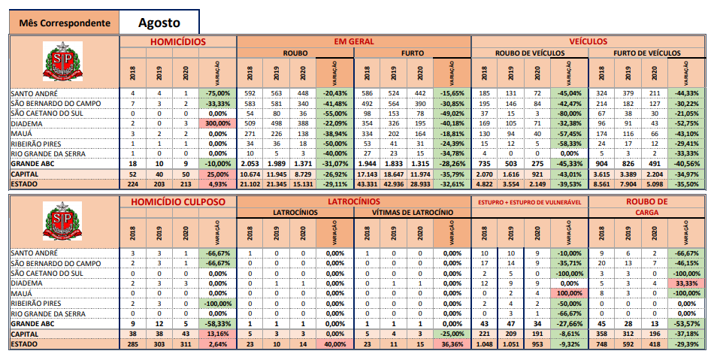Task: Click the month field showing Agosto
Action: tap(159, 22)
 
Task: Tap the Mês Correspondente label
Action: tap(65, 23)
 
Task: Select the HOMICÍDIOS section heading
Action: tap(178, 42)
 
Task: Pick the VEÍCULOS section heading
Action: tap(588, 42)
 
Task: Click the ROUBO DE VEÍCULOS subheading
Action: tap(529, 53)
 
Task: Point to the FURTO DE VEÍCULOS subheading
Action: tap(646, 53)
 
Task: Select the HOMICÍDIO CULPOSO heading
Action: tap(178, 203)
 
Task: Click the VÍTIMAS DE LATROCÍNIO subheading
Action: tap(413, 213)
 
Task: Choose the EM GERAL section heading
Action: tap(353, 42)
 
